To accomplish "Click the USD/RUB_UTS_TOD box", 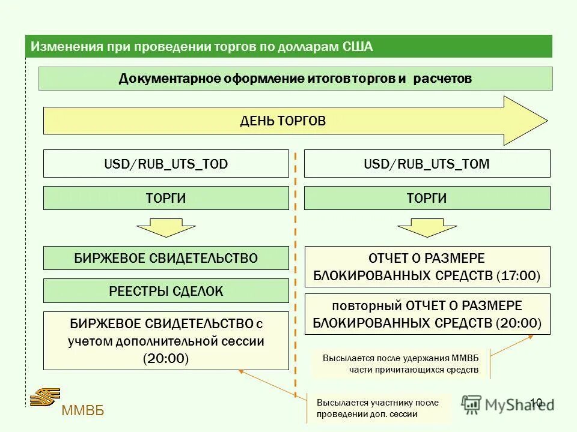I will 166,164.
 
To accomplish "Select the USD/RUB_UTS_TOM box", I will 427,164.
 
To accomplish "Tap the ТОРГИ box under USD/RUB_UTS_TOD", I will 166,198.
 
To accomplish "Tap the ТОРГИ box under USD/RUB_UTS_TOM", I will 427,198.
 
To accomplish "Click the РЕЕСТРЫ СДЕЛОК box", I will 166,292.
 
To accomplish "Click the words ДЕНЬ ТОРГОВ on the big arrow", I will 282,121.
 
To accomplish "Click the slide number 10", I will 536,403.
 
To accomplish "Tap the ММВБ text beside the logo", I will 83,410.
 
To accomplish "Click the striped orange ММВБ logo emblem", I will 45,397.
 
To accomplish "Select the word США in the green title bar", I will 358,47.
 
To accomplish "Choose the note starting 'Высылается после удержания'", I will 400,364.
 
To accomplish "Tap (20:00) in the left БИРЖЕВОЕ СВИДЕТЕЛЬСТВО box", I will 166,359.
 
